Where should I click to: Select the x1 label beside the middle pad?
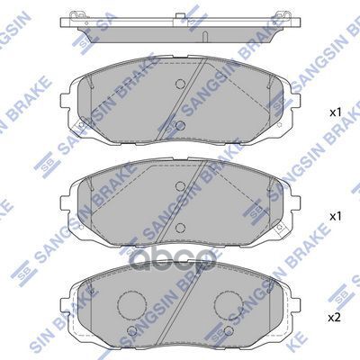tap(334, 217)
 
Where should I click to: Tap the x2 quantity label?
tap(334, 319)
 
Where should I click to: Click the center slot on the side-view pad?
tap(206, 37)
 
